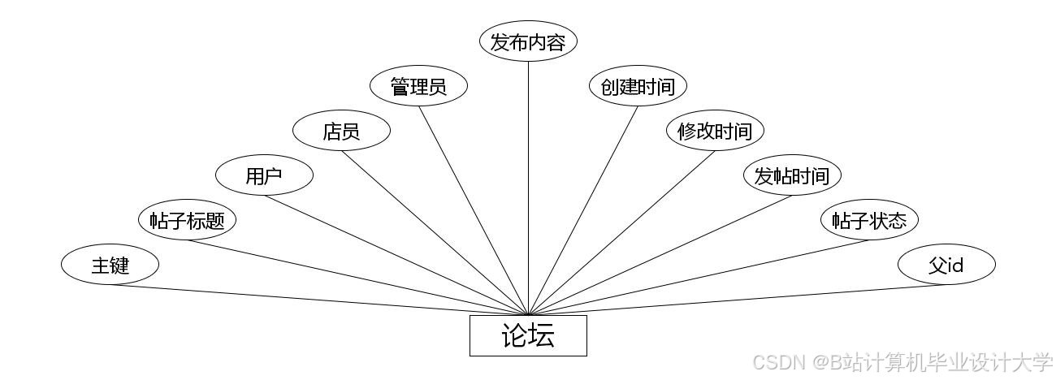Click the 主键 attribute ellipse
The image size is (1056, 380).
click(110, 265)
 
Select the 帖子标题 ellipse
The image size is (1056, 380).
click(187, 220)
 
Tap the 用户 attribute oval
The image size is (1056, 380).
click(264, 175)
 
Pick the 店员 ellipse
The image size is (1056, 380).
click(341, 131)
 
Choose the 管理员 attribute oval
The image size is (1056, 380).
click(418, 86)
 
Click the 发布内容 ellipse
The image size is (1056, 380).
click(528, 41)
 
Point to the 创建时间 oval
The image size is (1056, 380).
click(638, 86)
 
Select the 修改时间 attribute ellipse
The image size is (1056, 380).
click(715, 131)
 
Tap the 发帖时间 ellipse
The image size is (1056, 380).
click(792, 175)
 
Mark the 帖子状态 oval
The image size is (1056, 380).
click(869, 220)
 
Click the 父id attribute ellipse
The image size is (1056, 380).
click(946, 265)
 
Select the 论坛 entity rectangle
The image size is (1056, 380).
click(528, 335)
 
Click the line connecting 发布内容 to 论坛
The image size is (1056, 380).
click(528, 187)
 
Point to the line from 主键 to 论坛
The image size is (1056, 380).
click(317, 300)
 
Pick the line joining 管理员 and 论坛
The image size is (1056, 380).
click(474, 211)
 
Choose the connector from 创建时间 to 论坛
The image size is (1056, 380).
click(582, 211)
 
